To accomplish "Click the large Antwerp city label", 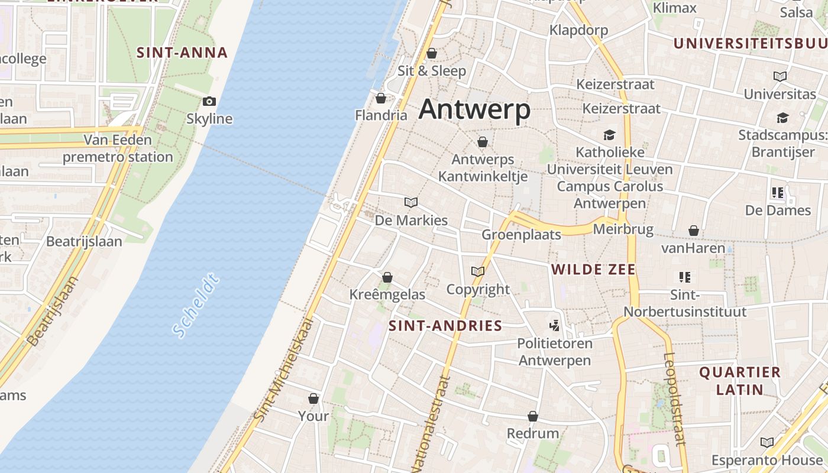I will tap(474, 110).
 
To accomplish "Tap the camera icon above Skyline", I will tap(209, 102).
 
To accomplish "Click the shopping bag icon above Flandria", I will tap(381, 98).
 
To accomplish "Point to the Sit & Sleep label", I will tap(432, 71).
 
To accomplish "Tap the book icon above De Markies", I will tap(411, 203).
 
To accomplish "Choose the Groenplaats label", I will tap(521, 235).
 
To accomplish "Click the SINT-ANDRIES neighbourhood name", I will tap(445, 326).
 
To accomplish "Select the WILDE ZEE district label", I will tap(593, 270).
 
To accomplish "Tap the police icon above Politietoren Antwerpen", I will tap(554, 325).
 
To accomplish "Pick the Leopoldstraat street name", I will tap(674, 399).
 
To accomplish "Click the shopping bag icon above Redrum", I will tap(533, 416).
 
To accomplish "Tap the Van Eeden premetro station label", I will tap(118, 148).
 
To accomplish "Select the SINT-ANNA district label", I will tap(182, 53).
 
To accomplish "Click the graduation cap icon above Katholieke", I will tap(610, 135).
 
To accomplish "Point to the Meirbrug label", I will tap(623, 229).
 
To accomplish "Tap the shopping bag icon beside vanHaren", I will tap(693, 231).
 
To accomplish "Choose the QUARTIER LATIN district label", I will tap(740, 381).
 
